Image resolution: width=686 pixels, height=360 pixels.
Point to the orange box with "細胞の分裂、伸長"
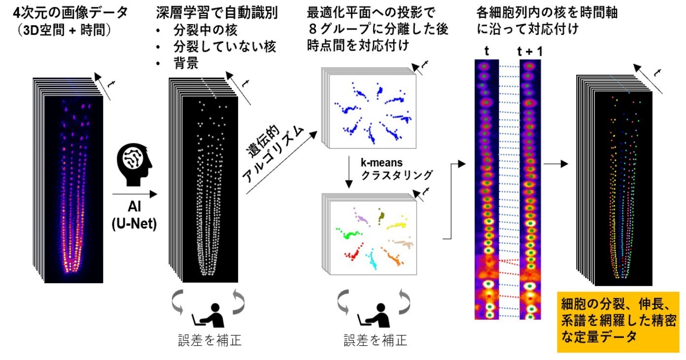coord(618,322)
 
